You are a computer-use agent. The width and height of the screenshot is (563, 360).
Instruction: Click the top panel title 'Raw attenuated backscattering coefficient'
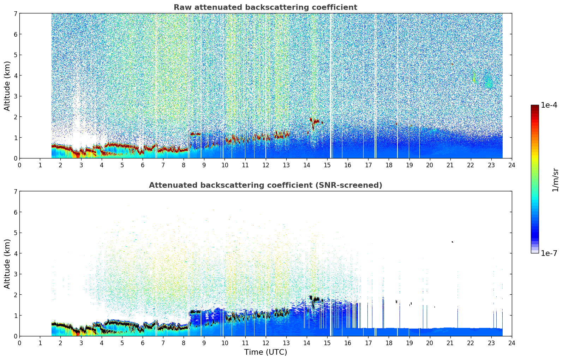(265, 7)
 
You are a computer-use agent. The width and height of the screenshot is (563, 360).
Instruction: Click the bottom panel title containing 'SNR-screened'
(265, 185)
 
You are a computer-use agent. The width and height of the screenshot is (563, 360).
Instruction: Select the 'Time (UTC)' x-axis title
(265, 352)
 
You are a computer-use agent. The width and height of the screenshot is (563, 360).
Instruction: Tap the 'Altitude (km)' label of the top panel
(7, 86)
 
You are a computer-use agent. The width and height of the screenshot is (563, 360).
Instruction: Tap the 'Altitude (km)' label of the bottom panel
(7, 264)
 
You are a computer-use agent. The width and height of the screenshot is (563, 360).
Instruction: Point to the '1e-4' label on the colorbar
(549, 105)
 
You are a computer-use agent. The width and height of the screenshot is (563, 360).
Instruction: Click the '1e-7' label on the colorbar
(549, 253)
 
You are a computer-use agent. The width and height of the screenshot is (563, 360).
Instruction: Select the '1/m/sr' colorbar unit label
(555, 180)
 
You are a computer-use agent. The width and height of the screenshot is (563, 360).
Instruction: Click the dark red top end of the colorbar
(535, 107)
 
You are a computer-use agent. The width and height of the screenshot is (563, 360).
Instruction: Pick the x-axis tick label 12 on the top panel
(265, 165)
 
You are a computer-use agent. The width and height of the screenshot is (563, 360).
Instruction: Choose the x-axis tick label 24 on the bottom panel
(511, 343)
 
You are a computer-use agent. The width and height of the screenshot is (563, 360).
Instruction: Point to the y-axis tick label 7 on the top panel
(16, 13)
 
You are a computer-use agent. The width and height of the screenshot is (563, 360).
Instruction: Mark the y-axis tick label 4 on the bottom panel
(16, 253)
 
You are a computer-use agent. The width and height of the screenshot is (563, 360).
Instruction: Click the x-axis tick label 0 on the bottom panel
(19, 343)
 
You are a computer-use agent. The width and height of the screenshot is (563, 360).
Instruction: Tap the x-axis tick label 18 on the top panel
(389, 165)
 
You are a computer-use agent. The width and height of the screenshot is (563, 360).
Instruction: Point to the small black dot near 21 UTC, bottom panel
(452, 242)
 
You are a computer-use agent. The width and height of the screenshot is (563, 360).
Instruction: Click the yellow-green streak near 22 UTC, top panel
(474, 77)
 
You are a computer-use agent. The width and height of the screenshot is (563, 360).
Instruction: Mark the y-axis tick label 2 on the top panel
(16, 117)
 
